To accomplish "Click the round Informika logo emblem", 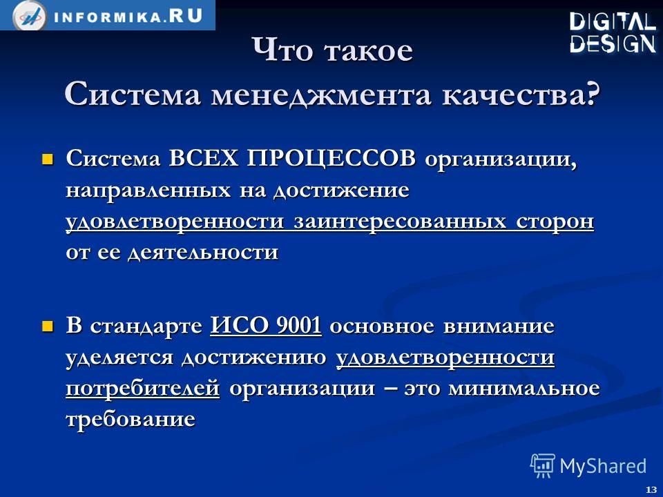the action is [x=30, y=16].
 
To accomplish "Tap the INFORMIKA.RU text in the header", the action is [x=128, y=17].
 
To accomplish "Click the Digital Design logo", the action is [x=613, y=33].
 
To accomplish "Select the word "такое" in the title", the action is [x=368, y=50].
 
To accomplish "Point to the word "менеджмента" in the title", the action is [x=321, y=95].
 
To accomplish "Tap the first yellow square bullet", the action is [x=48, y=159].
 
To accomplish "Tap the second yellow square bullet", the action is [x=48, y=327].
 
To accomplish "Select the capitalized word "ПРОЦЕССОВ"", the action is [x=331, y=159].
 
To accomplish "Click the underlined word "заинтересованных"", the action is [x=400, y=221].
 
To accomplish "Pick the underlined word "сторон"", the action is [x=555, y=222].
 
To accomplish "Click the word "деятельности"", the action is [x=203, y=253].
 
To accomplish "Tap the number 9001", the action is [x=298, y=326].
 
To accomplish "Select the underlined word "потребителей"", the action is [x=143, y=388].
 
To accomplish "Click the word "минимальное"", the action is [x=524, y=388].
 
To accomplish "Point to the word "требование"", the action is [x=131, y=418].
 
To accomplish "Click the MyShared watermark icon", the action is [x=543, y=466].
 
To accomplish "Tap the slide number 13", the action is [x=651, y=489].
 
